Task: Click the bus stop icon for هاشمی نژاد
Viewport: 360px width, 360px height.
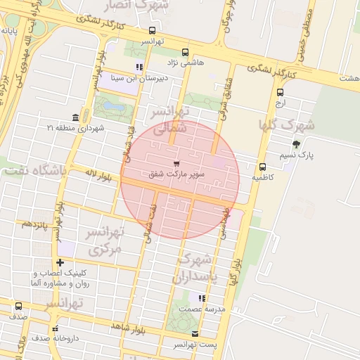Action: pyautogui.click(x=185, y=52)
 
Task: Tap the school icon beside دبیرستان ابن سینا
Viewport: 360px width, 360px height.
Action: pyautogui.click(x=139, y=67)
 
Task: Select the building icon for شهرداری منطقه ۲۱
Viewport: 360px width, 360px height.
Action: pyautogui.click(x=75, y=117)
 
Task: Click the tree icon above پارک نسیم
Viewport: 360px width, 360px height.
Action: pyautogui.click(x=296, y=144)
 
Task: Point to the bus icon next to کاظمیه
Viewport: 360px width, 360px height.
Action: pyautogui.click(x=262, y=167)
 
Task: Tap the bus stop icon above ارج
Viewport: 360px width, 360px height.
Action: pyautogui.click(x=281, y=92)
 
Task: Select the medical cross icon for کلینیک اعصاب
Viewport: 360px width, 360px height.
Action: pyautogui.click(x=60, y=263)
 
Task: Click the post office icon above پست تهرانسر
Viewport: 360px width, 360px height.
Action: pyautogui.click(x=195, y=334)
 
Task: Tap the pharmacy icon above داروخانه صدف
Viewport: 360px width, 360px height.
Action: pyautogui.click(x=55, y=328)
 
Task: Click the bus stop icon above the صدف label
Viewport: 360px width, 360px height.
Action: pyautogui.click(x=18, y=306)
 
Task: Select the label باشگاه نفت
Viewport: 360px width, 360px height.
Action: pyautogui.click(x=34, y=170)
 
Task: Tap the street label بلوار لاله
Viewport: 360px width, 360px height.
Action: pyautogui.click(x=96, y=177)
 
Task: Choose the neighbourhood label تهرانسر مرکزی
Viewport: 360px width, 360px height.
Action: pyautogui.click(x=104, y=240)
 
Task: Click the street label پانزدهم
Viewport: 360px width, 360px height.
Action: pyautogui.click(x=34, y=224)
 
